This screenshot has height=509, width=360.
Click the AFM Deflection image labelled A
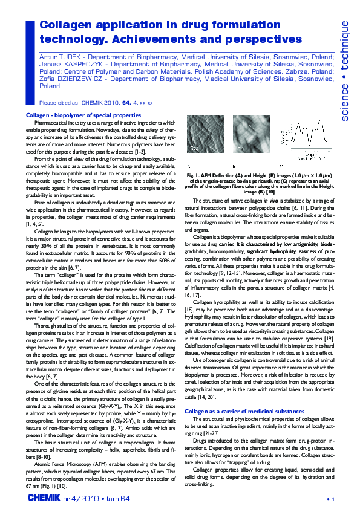[203, 140]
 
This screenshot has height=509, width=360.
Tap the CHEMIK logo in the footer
[44, 497]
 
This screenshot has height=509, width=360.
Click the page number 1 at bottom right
[333, 498]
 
